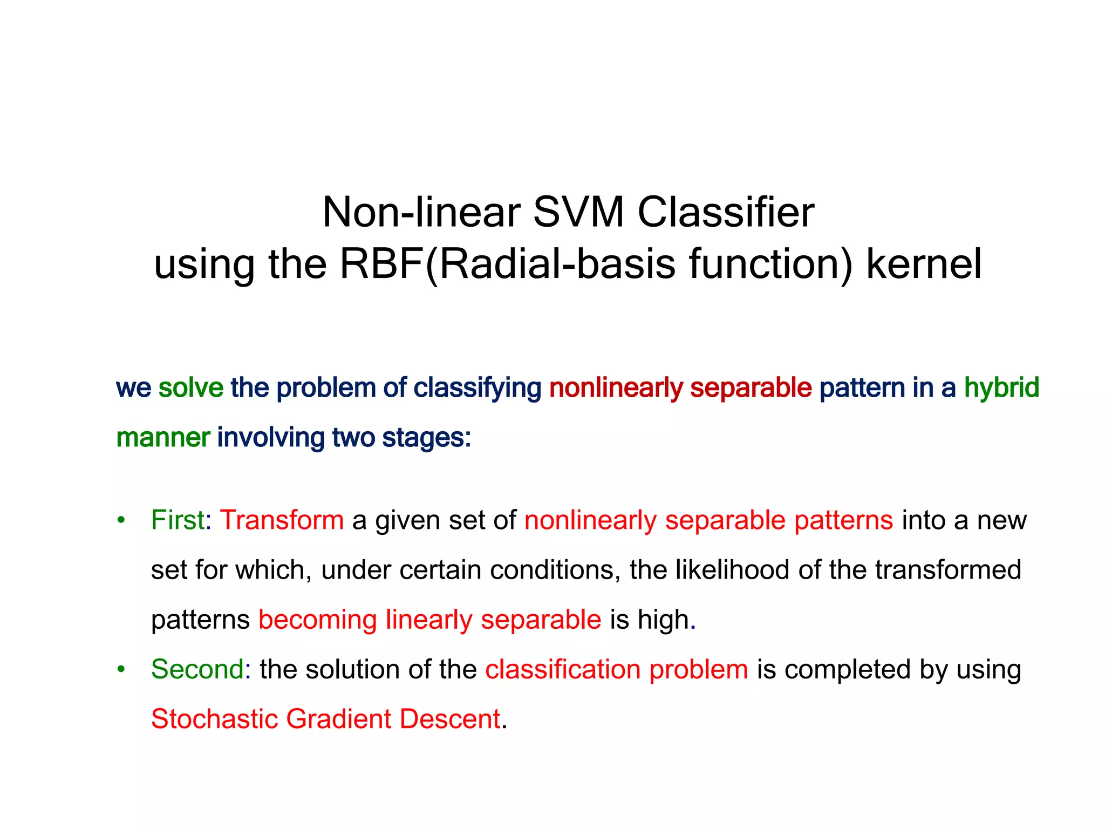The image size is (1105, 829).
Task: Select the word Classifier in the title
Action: [726, 212]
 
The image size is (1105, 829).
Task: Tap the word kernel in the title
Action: [923, 264]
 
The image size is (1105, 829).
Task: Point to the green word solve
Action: [190, 388]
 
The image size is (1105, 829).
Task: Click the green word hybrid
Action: [1001, 388]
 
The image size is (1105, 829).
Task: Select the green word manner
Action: [163, 438]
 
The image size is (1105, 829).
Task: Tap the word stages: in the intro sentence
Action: [426, 438]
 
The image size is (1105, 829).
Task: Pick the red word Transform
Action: [282, 520]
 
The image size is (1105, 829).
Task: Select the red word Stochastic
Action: [214, 719]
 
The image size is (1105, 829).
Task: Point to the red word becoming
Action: [317, 620]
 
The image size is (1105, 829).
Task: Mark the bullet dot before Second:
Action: [121, 670]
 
